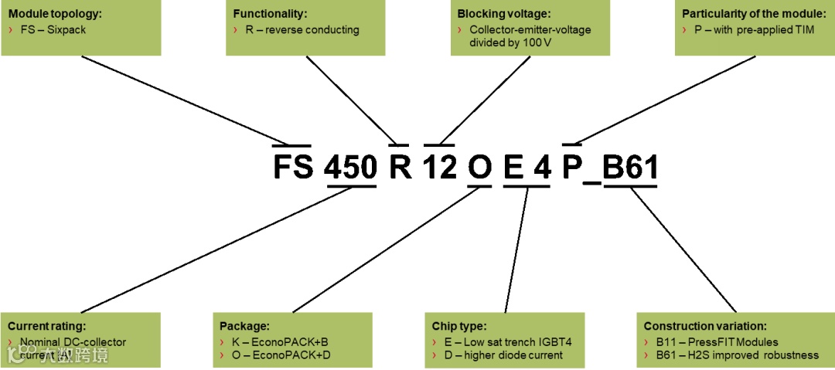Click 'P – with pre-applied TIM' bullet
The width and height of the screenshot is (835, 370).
tap(754, 30)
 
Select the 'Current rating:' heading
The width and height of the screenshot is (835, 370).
tap(46, 326)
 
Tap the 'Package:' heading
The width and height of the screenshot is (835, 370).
tap(244, 326)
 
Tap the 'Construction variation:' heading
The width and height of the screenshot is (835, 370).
tap(704, 326)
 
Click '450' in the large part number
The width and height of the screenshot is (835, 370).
tap(350, 168)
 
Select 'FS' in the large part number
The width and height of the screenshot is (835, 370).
tap(292, 168)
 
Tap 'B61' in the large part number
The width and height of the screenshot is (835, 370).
tap(629, 168)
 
